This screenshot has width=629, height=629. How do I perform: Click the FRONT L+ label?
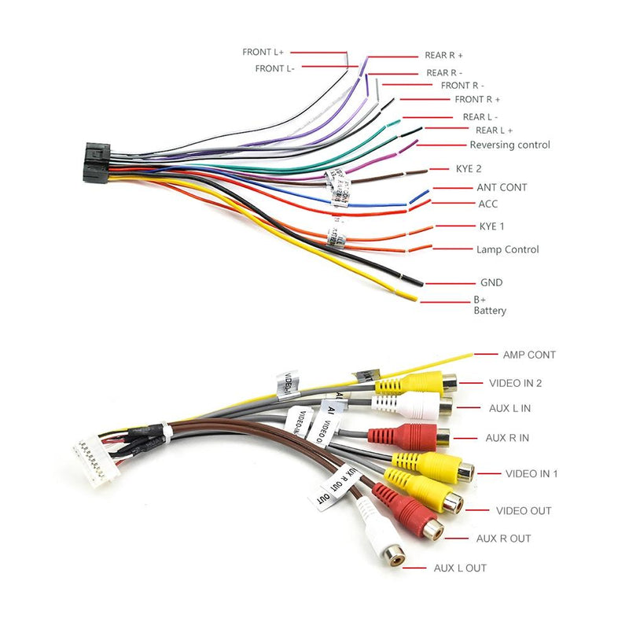[263, 52]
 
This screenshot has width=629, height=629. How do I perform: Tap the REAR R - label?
[449, 72]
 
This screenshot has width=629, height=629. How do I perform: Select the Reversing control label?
[509, 145]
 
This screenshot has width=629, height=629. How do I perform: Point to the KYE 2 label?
[469, 168]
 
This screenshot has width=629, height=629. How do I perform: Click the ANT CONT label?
[502, 187]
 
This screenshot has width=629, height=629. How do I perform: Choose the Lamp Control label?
[507, 249]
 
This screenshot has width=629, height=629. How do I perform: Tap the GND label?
[491, 282]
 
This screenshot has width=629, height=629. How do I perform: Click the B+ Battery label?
[489, 305]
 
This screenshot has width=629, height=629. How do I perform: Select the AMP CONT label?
[530, 355]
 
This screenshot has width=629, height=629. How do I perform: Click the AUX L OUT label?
[460, 568]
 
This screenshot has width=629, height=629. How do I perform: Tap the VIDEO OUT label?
[524, 510]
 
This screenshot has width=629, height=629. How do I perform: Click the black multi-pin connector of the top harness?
[95, 164]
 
